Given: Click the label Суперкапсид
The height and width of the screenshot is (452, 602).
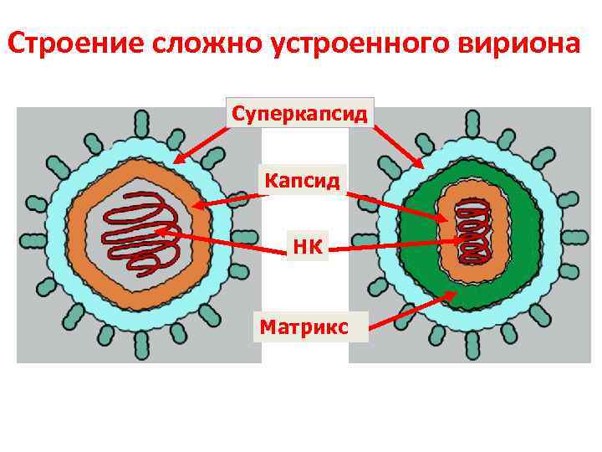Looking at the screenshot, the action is click(x=300, y=113).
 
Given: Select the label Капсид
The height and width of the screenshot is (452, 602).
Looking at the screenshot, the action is click(x=301, y=179).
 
